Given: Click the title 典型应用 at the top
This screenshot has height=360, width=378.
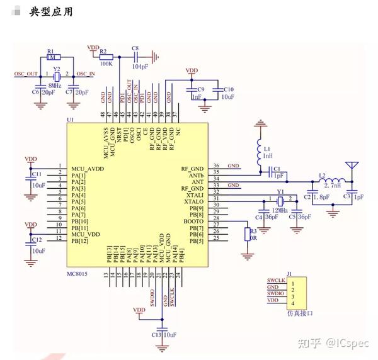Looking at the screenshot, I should pos(50,12).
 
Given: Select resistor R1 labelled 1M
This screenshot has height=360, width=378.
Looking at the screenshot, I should pos(52,57).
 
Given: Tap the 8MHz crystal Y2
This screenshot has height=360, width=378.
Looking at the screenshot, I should pos(55,74).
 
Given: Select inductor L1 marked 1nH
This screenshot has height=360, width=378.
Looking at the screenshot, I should pos(259,151).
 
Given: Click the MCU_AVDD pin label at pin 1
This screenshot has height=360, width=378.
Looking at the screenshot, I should pos(86,168).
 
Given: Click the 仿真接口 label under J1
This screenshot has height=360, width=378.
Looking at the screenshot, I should pos(298,312).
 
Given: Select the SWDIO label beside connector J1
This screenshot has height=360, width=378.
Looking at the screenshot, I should pos(275,294).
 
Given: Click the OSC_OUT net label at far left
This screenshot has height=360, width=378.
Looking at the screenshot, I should pos(26,74).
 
